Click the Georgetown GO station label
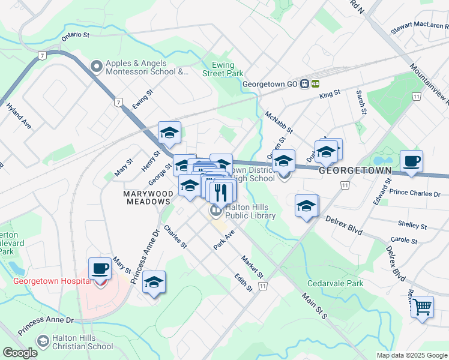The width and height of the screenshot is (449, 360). pos(270,85)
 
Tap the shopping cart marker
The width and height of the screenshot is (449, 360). pos(423,307)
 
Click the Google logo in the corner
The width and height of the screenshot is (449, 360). pos(20,353)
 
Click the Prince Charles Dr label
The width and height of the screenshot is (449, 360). pos(415,194)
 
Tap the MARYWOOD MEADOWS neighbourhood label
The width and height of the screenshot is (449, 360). pos(147,197)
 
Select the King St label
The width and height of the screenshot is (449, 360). pos(330,94)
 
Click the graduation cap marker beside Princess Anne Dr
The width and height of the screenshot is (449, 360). pos(154,283)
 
